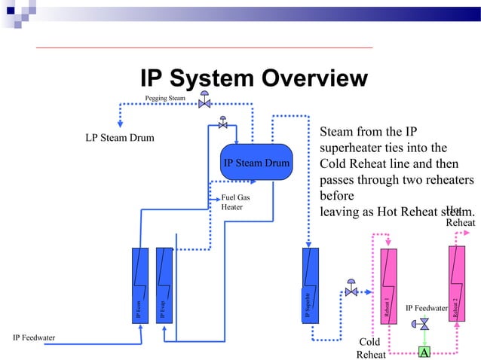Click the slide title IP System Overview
pos(253,79)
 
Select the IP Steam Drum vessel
pos(256,163)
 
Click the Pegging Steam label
pos(165,98)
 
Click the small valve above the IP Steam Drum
pos(222,123)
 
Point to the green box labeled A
pos(424,352)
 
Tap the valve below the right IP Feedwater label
pos(424,324)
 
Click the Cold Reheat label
pos(370,349)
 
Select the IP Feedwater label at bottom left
pos(34,337)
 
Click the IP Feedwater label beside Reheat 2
pos(427,308)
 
